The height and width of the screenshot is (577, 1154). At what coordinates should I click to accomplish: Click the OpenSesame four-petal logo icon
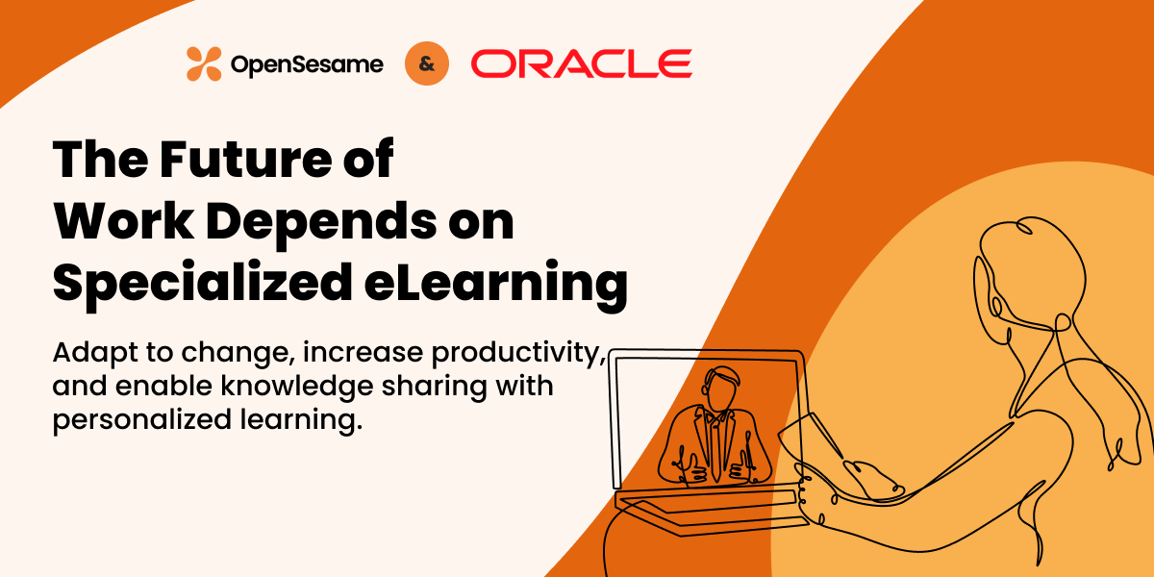pos(204,63)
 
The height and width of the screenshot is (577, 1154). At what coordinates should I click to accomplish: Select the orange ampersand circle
pos(427,63)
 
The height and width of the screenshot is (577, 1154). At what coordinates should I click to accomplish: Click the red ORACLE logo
pos(581,63)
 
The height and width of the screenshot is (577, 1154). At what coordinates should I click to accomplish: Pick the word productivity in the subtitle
pos(518,354)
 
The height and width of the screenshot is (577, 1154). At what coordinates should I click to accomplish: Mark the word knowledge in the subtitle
pos(297,387)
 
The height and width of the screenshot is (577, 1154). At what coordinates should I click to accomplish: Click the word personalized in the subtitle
pos(142,420)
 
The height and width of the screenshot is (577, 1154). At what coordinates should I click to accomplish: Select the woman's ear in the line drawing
pos(997,307)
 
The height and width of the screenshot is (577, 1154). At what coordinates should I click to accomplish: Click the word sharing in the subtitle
pos(434,387)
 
